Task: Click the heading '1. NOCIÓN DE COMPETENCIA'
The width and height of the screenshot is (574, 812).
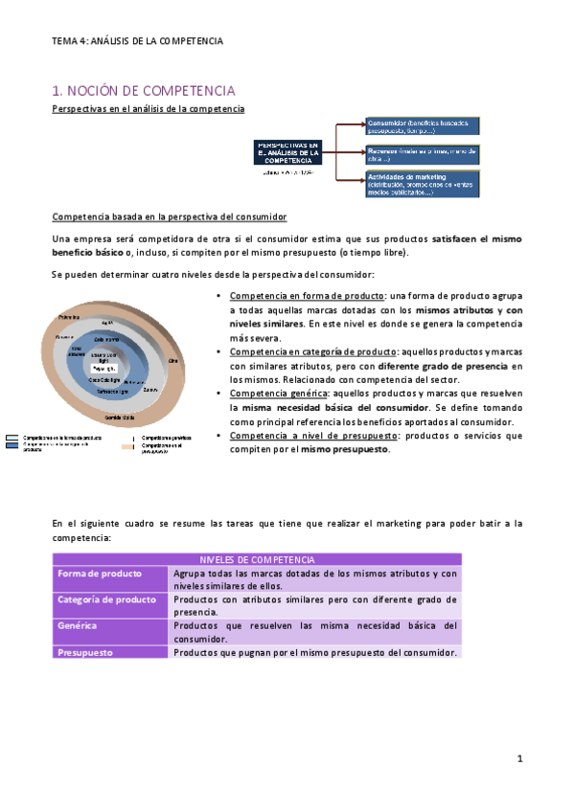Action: [x=143, y=91]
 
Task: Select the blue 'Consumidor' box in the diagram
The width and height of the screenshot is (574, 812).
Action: [x=422, y=126]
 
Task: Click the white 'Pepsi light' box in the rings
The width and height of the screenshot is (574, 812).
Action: [x=103, y=368]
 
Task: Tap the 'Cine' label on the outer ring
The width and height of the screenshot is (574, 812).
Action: [x=172, y=360]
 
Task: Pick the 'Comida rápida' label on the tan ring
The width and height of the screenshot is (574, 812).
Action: [x=119, y=417]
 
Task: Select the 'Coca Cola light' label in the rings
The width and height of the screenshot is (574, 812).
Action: [x=103, y=379]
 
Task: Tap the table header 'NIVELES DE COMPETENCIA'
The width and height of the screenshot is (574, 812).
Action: [x=257, y=559]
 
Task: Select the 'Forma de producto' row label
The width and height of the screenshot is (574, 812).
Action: [x=100, y=574]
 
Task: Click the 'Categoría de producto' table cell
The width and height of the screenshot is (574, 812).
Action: [x=106, y=599]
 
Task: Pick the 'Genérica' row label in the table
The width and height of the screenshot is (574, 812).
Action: [x=78, y=626]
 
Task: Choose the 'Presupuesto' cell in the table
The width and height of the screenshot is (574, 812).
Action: [x=85, y=652]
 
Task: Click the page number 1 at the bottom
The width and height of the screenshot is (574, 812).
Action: [x=518, y=759]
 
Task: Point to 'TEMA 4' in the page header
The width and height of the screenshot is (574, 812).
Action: [x=69, y=41]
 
